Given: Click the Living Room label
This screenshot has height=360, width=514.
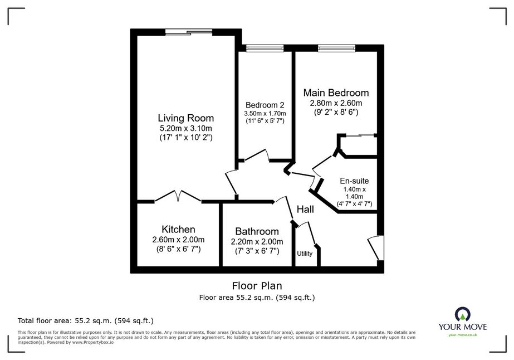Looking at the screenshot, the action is (186, 118).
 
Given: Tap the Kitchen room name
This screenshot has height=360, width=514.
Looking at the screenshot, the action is (178, 229).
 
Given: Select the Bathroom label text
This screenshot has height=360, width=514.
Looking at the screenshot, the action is (257, 231).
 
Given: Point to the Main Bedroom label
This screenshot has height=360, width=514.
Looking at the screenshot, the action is (336, 93).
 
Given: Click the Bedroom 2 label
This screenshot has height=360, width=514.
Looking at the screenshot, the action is (265, 105).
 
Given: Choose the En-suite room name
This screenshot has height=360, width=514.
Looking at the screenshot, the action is (354, 181).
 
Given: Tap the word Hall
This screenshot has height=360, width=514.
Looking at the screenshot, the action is (305, 210).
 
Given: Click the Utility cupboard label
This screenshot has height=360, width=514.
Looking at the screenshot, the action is (305, 254).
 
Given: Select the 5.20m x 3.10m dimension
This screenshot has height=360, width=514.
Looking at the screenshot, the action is (185, 128).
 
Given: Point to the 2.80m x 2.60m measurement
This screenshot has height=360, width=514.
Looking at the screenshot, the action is (336, 103).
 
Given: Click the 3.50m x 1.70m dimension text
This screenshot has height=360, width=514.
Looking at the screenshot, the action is (265, 114).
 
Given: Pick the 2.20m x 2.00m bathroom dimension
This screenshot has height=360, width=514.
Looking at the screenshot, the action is (257, 242).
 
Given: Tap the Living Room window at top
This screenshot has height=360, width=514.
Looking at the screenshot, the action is (189, 32).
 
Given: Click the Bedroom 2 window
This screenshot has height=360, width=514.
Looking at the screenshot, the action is (265, 48).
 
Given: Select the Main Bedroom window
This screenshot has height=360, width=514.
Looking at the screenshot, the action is (336, 48).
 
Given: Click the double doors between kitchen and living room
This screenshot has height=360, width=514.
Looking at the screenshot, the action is (178, 196).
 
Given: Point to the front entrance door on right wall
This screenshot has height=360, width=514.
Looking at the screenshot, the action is (376, 247).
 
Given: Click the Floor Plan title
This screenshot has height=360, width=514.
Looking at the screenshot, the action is (257, 286).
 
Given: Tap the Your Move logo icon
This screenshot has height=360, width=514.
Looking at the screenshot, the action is (463, 314).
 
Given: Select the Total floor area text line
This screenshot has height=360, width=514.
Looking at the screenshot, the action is (86, 320).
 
